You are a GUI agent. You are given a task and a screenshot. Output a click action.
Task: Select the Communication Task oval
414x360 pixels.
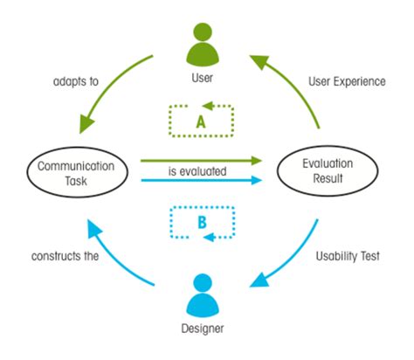75,170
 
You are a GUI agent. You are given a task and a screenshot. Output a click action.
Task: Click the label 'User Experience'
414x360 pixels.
344,81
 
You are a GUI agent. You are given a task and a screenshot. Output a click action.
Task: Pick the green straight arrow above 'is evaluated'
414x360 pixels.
201,160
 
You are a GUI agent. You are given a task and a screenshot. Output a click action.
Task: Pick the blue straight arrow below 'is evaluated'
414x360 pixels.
201,181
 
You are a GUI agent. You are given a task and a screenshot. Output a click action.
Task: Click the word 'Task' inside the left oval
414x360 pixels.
75,178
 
